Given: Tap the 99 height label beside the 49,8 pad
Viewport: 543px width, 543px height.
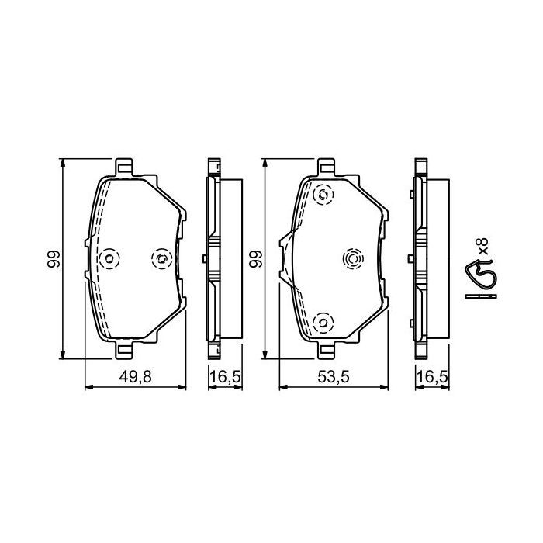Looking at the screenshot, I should coord(52,259).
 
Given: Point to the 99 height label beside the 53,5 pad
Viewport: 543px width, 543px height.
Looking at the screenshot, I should coord(255,259).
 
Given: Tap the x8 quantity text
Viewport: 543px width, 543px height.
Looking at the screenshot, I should coord(482,247).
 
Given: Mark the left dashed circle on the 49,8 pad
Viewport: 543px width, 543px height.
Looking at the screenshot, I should coord(109,258).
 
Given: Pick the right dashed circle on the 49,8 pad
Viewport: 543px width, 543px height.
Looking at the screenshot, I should coord(161,258).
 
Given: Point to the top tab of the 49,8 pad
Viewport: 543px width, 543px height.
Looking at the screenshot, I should coord(124,167).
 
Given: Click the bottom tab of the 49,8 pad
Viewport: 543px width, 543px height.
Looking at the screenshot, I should coord(124,351).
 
